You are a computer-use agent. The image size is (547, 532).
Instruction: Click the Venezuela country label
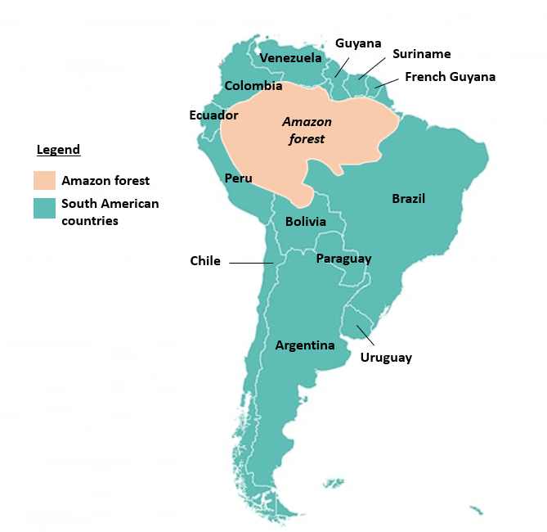(290, 58)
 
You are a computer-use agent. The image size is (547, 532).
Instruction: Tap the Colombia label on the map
(253, 86)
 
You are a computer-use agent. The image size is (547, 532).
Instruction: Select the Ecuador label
(213, 115)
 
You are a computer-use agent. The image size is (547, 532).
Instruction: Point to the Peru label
(239, 178)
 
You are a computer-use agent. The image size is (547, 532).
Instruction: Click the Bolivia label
(306, 222)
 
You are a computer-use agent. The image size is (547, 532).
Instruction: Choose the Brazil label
(408, 199)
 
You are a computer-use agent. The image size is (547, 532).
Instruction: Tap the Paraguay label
(343, 259)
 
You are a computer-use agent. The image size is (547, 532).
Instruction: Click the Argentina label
(305, 345)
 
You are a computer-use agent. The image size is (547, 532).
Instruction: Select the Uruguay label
(386, 358)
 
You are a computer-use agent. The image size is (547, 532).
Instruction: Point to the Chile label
(205, 261)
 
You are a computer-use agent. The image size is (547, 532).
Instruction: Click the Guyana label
(358, 43)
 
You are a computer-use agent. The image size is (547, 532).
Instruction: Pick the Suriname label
(421, 54)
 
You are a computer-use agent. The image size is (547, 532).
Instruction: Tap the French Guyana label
(450, 77)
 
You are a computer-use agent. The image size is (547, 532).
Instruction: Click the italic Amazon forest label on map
(307, 130)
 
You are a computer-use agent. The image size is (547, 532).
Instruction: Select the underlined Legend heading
(58, 150)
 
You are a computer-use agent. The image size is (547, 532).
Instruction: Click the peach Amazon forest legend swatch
(44, 181)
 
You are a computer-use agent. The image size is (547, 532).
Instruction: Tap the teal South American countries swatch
(44, 209)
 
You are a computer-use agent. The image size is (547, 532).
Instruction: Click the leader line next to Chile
(251, 263)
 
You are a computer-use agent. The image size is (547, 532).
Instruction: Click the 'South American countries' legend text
(110, 212)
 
